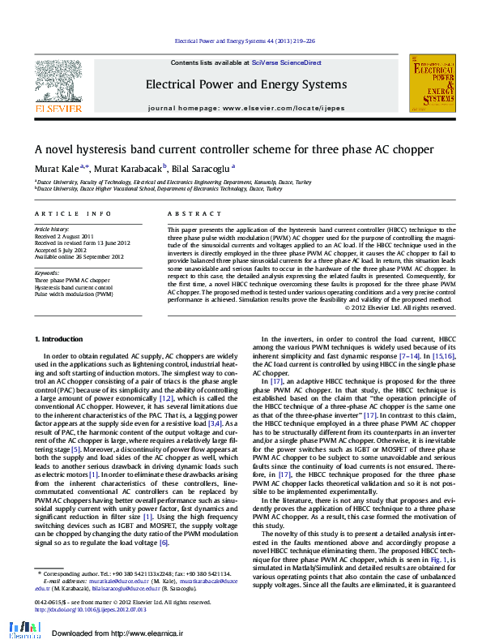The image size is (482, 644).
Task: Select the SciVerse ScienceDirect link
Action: [286, 62]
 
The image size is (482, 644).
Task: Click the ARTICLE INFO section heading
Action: [73, 213]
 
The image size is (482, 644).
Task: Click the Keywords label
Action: [47, 273]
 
